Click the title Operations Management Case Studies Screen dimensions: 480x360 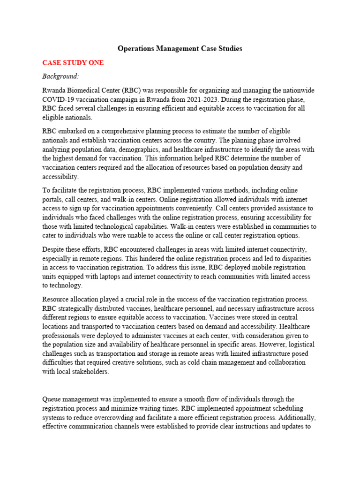(x=180, y=48)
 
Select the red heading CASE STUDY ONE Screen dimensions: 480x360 (x=73, y=62)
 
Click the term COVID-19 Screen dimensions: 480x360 (x=59, y=99)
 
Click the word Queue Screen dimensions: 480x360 (x=52, y=399)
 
